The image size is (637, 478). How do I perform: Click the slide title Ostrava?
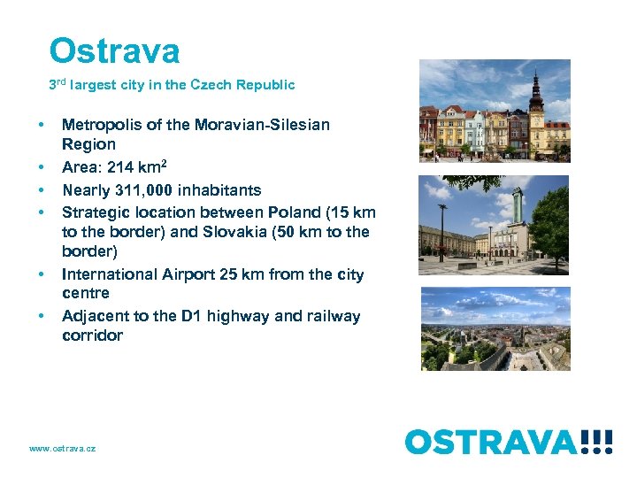[x=114, y=51]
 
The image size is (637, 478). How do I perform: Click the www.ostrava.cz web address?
[x=62, y=449]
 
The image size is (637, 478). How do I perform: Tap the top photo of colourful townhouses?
[x=495, y=110]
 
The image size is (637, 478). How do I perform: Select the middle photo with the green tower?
[x=495, y=225]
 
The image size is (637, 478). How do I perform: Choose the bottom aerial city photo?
[x=495, y=328]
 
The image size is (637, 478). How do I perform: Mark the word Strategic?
[x=96, y=212]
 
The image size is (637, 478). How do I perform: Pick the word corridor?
[x=92, y=335]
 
